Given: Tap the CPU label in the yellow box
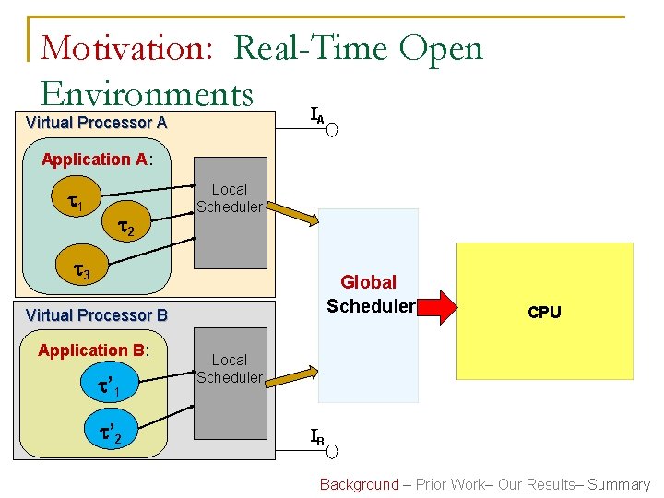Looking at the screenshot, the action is [x=544, y=313].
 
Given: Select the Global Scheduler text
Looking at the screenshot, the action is [x=368, y=294].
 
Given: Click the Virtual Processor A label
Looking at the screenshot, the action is [x=96, y=123].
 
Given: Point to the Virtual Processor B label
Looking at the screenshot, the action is [x=96, y=315].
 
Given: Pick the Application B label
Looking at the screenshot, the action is [x=93, y=350].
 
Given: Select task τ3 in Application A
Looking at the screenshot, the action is [x=81, y=272].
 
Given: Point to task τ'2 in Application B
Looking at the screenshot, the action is [x=112, y=431].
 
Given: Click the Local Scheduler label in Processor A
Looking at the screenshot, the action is [x=229, y=198].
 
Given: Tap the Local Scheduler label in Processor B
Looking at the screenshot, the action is [x=229, y=368].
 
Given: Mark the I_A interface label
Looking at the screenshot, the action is [x=316, y=115].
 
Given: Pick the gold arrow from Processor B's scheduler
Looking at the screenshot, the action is [x=293, y=381].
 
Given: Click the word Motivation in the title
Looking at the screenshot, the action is [x=130, y=47].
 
